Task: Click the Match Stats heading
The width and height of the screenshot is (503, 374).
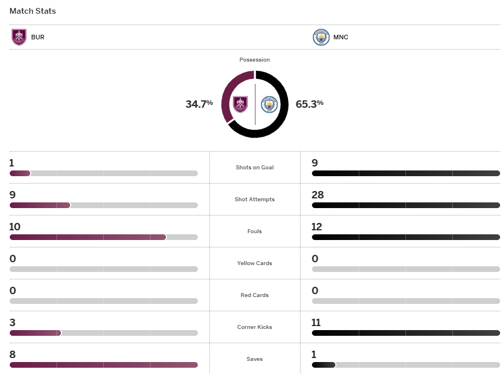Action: coord(33,11)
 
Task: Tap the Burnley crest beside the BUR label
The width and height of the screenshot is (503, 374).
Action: coord(19,37)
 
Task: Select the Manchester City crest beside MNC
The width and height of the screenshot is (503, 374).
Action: coord(321,37)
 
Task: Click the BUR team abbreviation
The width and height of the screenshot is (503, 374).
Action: coord(38,38)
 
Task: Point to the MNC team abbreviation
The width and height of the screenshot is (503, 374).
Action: coord(340,38)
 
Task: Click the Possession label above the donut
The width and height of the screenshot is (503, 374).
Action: coord(254,60)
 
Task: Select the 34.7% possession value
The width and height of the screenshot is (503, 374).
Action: coord(199,104)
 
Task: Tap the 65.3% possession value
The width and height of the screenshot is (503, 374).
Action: coord(310,104)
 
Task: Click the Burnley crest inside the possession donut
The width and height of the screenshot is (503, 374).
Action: coord(241,104)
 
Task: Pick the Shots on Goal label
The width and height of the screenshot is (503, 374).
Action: coord(254,168)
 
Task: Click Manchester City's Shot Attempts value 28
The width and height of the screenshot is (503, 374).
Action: coord(318,195)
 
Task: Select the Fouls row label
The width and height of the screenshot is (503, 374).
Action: coord(254,231)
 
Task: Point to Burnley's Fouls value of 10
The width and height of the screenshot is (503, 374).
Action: coord(15,227)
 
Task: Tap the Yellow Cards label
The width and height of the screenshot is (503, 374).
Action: coord(254,263)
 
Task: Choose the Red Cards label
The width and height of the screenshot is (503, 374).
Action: coord(254,295)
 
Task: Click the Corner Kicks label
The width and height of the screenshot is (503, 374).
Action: coord(254,327)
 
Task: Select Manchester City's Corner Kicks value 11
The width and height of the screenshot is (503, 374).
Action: coord(317,323)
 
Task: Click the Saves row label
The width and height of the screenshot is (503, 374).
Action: coord(254,359)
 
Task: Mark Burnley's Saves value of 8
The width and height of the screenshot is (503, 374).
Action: coord(12,355)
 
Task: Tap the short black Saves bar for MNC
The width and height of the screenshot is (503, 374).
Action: coord(323,365)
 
